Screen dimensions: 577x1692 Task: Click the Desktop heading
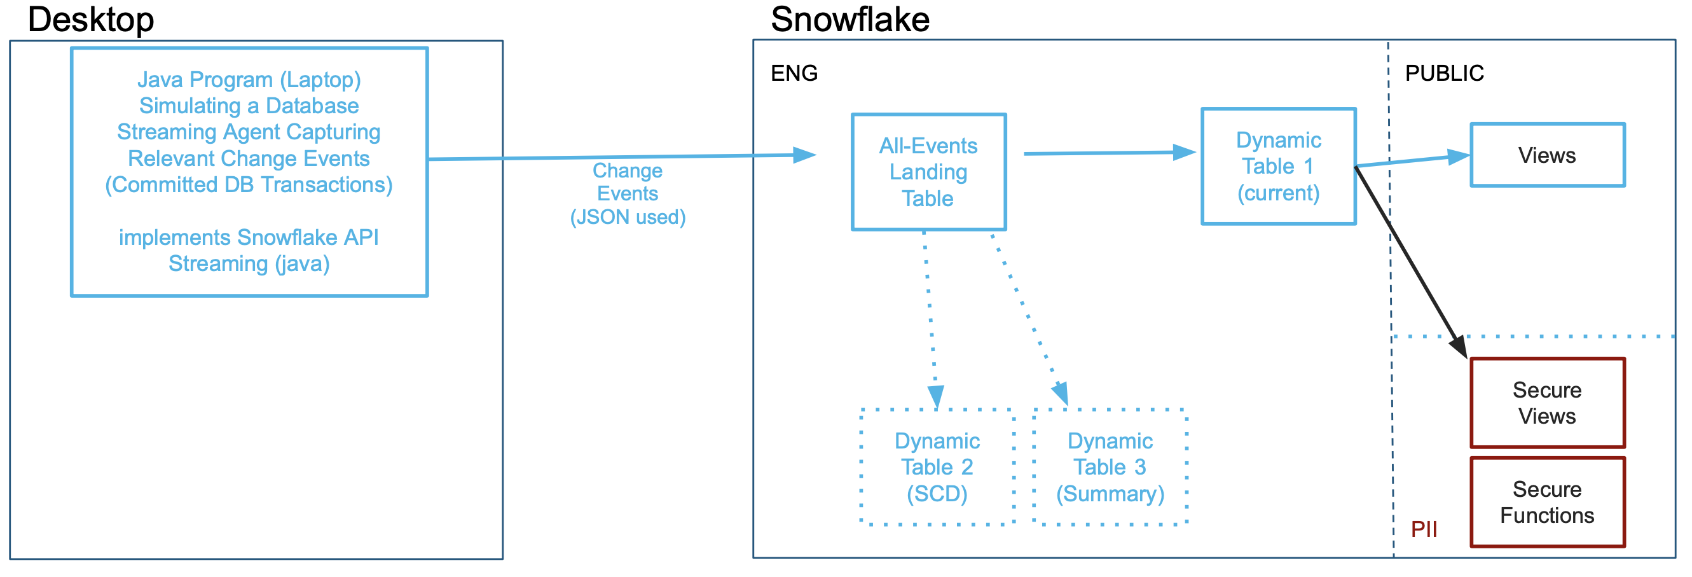[91, 20]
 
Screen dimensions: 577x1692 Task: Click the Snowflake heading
[849, 20]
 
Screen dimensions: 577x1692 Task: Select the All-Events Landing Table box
[928, 172]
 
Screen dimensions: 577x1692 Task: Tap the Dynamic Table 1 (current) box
[1278, 166]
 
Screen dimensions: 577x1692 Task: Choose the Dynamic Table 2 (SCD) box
[937, 467]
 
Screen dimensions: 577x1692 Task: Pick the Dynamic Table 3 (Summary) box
[1110, 467]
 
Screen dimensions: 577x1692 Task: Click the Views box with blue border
[1547, 156]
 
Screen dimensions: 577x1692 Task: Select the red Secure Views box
[1547, 403]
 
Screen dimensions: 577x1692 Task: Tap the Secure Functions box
[1547, 502]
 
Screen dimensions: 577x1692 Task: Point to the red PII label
[1424, 529]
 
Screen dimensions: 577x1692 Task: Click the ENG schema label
[794, 73]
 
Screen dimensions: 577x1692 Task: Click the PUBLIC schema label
[1444, 73]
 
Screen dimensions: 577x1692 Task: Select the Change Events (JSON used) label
[628, 194]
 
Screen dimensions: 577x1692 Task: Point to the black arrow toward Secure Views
[1412, 263]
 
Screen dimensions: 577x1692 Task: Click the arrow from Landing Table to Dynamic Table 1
[1110, 153]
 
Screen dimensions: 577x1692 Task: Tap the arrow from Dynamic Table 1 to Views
[1412, 161]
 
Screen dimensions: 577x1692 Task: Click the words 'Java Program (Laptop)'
[249, 80]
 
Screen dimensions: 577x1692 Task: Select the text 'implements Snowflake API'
[249, 237]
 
